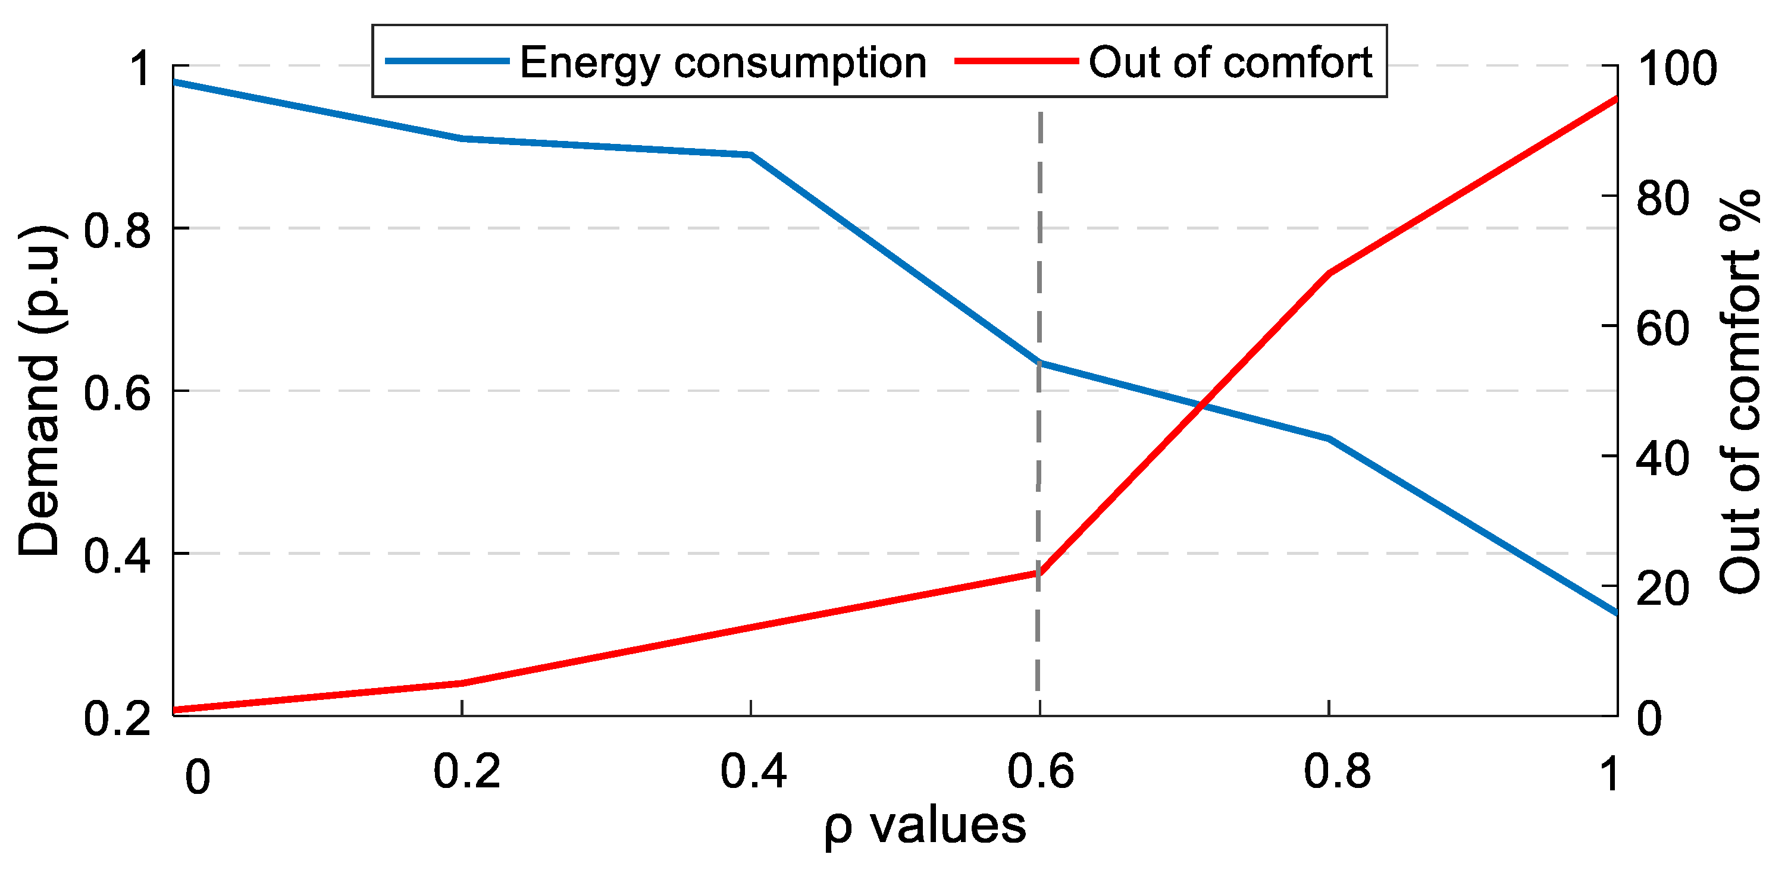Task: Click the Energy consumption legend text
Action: pyautogui.click(x=724, y=62)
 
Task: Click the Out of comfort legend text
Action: pyautogui.click(x=1230, y=62)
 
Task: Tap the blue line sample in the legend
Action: pyautogui.click(x=447, y=61)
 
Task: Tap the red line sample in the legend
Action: pyautogui.click(x=1017, y=61)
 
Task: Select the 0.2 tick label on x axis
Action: pyautogui.click(x=466, y=772)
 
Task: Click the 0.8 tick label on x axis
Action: pyautogui.click(x=1337, y=772)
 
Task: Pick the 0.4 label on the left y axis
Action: pyautogui.click(x=117, y=555)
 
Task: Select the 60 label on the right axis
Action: pyautogui.click(x=1662, y=328)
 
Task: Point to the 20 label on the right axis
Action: pyautogui.click(x=1662, y=588)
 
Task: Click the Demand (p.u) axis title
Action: pyautogui.click(x=40, y=390)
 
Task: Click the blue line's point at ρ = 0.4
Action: pyautogui.click(x=751, y=155)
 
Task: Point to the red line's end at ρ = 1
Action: pyautogui.click(x=1616, y=99)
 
